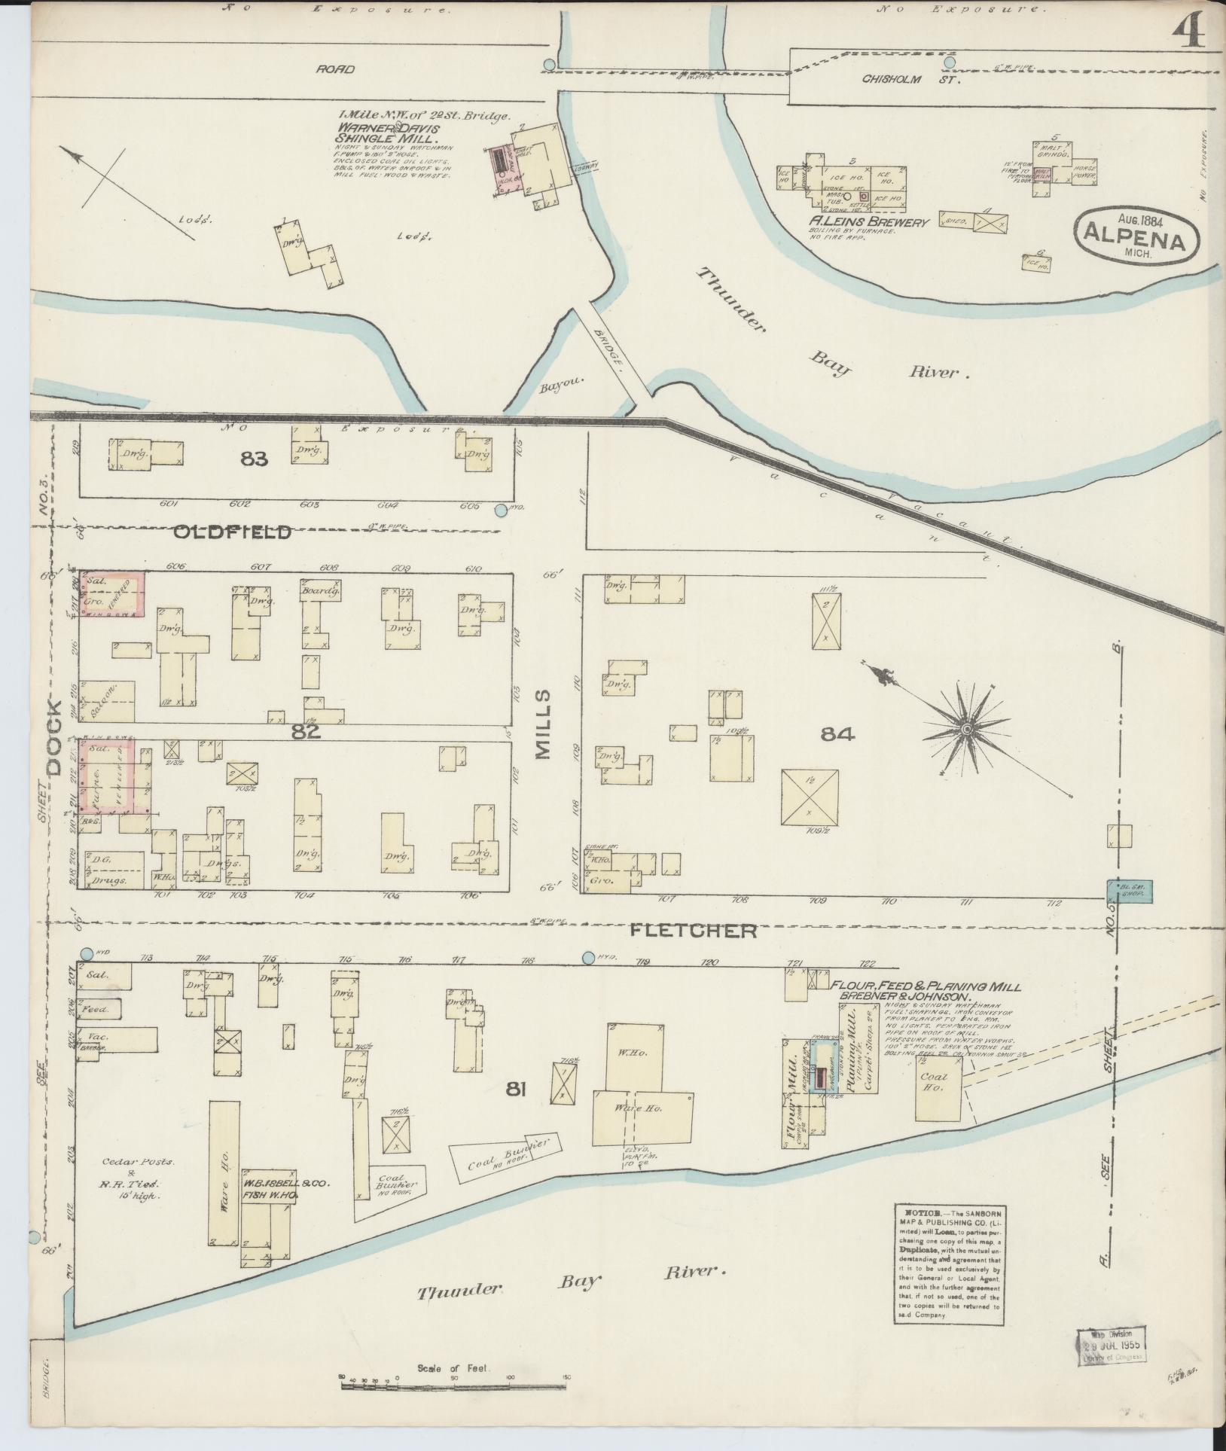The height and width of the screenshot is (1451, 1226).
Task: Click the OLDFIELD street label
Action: click(x=232, y=532)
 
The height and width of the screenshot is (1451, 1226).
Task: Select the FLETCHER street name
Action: click(x=693, y=931)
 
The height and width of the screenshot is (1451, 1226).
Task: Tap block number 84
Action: click(x=837, y=734)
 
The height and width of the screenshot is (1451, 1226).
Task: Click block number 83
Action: click(x=255, y=458)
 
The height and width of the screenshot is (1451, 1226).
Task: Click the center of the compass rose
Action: click(x=966, y=729)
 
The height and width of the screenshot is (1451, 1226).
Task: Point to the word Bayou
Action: click(x=557, y=389)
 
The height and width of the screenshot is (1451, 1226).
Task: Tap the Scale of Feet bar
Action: click(x=453, y=1384)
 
